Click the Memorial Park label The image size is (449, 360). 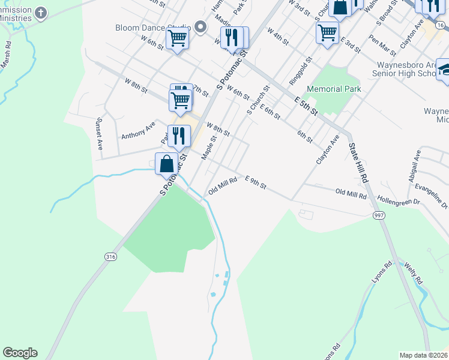pos(334,89)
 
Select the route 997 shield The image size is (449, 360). pos(379,215)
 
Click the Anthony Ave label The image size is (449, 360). pos(138,130)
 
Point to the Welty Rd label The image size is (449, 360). pos(413,273)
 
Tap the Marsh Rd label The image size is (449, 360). pos(7,53)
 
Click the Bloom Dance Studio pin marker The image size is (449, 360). pos(200,27)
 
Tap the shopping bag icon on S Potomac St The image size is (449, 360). pos(166,163)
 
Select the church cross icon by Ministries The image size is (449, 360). pos(41,13)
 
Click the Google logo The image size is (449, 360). pos(20,353)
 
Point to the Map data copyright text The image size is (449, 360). pos(424,355)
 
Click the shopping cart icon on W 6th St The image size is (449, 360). pos(178,39)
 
